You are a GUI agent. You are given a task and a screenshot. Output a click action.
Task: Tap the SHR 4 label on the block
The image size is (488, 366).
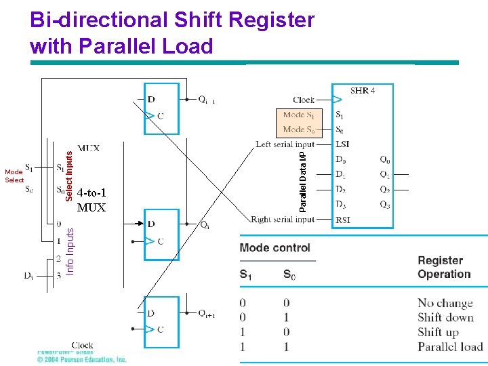pyautogui.click(x=363, y=90)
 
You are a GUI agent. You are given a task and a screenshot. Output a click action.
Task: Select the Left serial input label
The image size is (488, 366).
pyautogui.click(x=285, y=144)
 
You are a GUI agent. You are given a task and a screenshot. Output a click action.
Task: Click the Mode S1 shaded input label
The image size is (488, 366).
pyautogui.click(x=298, y=115)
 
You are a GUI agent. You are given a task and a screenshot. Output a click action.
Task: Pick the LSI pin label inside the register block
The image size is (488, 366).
pyautogui.click(x=343, y=144)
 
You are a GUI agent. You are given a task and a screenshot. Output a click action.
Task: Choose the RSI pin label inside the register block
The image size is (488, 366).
pyautogui.click(x=343, y=220)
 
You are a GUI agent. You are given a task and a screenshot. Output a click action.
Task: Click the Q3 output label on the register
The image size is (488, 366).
pyautogui.click(x=384, y=205)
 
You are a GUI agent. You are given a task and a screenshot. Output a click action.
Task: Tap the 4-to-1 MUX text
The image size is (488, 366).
pyautogui.click(x=91, y=200)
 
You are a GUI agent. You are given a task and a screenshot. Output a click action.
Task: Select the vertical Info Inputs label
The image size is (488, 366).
pyautogui.click(x=70, y=251)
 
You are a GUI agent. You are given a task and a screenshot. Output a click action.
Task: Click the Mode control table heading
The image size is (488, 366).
pyautogui.click(x=274, y=247)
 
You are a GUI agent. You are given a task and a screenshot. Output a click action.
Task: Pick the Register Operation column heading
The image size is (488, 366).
pyautogui.click(x=444, y=267)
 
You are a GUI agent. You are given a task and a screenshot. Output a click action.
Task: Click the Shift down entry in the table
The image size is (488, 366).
pyautogui.click(x=444, y=317)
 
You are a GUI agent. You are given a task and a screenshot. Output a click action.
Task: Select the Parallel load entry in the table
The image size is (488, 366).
pyautogui.click(x=449, y=346)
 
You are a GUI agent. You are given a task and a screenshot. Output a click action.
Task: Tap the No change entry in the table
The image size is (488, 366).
pyautogui.click(x=445, y=303)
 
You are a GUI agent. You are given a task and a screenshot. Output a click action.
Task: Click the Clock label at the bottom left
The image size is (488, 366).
pyautogui.click(x=82, y=345)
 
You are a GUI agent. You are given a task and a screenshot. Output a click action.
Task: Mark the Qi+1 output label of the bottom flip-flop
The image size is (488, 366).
pyautogui.click(x=207, y=313)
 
